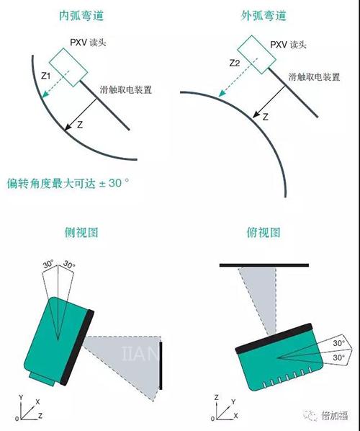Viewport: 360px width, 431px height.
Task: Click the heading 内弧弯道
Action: (x=81, y=15)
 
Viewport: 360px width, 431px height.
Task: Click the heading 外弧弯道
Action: (x=264, y=15)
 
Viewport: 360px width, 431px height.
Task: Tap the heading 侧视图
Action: (x=81, y=233)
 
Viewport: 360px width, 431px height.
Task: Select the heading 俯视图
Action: (x=264, y=233)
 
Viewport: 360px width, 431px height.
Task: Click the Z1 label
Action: (x=45, y=76)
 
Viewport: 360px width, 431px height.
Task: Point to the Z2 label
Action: (x=235, y=63)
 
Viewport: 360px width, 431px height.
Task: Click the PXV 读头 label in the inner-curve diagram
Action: (x=88, y=43)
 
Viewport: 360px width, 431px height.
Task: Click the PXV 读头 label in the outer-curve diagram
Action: (x=288, y=45)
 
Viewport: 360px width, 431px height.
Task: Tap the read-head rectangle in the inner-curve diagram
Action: (x=68, y=67)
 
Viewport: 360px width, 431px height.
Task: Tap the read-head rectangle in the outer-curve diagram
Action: (x=256, y=54)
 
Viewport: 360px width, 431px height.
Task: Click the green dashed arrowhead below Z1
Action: (x=45, y=94)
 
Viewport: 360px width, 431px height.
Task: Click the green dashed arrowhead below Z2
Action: (x=222, y=93)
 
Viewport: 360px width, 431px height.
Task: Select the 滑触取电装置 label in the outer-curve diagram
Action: (x=314, y=77)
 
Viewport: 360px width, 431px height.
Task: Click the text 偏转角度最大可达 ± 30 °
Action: (x=68, y=183)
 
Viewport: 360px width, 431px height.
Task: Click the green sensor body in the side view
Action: (x=55, y=341)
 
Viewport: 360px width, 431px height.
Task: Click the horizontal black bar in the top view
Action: (x=264, y=265)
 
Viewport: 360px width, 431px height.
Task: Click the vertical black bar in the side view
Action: (x=161, y=365)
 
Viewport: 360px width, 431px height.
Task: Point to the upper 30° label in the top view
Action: (x=339, y=343)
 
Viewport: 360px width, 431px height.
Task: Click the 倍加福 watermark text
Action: (x=335, y=415)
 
